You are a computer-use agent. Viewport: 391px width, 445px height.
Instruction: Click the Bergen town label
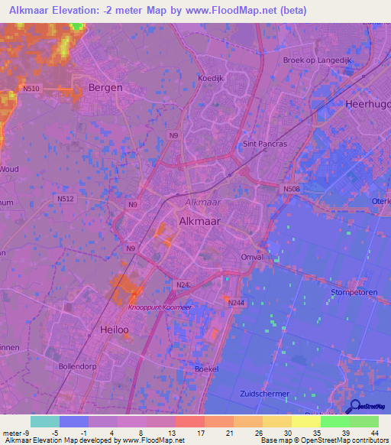coord(105,87)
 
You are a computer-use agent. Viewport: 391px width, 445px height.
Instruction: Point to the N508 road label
coord(291,190)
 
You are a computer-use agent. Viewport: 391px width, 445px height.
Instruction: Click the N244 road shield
coord(236,303)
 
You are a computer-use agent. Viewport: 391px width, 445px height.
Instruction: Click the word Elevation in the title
coord(80,11)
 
